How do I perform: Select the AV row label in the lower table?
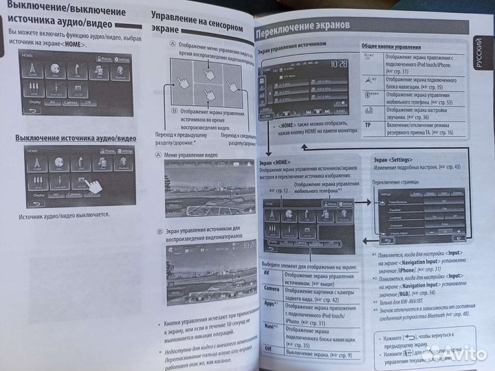click(x=270, y=273)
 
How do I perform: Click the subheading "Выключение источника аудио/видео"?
click(x=76, y=138)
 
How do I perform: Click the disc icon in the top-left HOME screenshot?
click(x=54, y=70)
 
